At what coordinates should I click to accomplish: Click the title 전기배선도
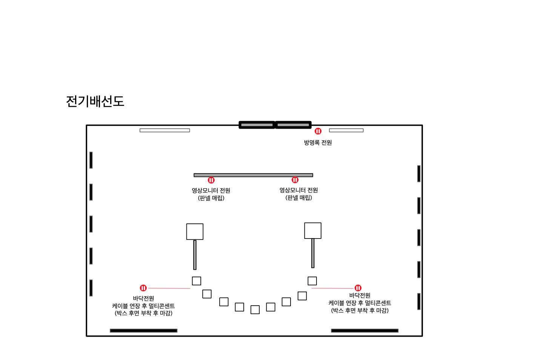pos(95,101)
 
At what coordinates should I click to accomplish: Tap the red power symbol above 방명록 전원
pos(318,131)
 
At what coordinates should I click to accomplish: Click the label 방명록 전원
pos(318,143)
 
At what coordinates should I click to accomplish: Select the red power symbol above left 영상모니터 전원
pos(211,180)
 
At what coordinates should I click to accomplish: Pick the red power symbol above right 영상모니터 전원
pos(295,180)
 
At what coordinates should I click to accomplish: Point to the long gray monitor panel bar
pos(253,175)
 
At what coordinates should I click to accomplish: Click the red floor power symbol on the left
pos(143,288)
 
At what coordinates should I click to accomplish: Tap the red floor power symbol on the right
pos(358,288)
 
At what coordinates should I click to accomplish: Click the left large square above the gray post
pos(195,232)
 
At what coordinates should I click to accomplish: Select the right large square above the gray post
pos(313,231)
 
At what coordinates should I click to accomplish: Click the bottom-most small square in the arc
pos(255,310)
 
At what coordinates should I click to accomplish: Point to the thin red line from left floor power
pos(169,288)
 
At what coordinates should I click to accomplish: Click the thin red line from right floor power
pos(332,288)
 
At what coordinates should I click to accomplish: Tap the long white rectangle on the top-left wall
pos(164,131)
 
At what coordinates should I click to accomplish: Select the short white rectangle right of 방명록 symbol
pos(346,131)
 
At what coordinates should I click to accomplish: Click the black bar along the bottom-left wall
pos(143,331)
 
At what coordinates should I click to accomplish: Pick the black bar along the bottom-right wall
pos(364,331)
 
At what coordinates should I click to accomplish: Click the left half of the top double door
pos(257,125)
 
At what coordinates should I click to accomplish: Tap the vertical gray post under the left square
pos(195,255)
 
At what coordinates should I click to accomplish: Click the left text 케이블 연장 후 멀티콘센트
pos(143,306)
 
